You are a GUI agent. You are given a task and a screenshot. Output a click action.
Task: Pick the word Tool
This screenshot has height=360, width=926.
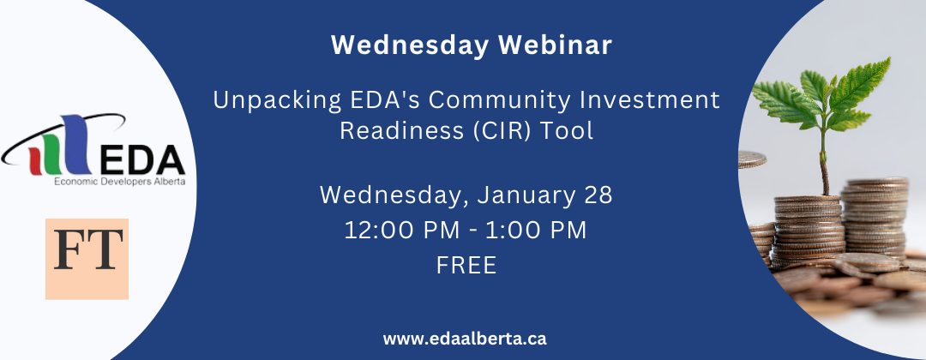(x=570, y=130)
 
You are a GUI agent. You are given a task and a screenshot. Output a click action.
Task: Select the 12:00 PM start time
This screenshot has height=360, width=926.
(x=401, y=231)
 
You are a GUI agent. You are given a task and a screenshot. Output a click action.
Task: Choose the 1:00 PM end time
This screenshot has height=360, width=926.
(x=536, y=231)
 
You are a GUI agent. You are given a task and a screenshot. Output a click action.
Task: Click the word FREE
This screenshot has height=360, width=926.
(x=466, y=265)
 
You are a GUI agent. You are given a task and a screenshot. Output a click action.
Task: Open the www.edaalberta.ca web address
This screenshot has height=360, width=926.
(x=465, y=339)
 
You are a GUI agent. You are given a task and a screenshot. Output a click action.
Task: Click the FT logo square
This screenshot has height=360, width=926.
(x=87, y=259)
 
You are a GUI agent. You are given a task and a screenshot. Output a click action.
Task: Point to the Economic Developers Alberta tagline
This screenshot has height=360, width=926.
(x=120, y=182)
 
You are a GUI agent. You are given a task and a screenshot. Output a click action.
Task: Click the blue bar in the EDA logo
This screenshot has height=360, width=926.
(x=75, y=144)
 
